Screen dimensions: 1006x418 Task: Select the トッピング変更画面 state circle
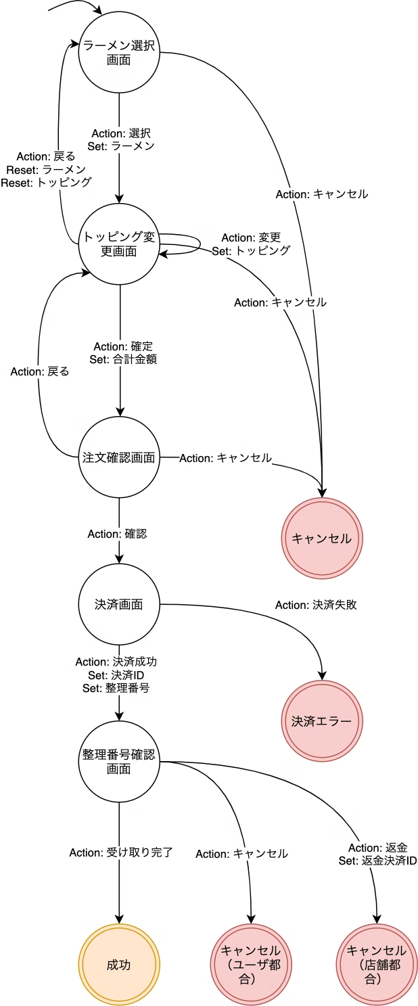tap(119, 244)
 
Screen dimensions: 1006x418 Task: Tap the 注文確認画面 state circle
tap(119, 457)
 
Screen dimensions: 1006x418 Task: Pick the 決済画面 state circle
tap(119, 604)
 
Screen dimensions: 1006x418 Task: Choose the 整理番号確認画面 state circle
tap(119, 761)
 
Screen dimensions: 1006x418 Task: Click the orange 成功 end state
tap(119, 965)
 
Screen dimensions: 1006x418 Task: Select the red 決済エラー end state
tap(322, 721)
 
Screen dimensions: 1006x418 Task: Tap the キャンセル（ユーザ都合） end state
tap(251, 965)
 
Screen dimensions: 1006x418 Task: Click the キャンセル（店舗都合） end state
tap(377, 965)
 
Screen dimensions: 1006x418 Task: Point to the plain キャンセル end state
tap(322, 539)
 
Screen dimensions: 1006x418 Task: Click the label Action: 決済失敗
tap(316, 605)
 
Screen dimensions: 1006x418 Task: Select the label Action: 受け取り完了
tap(121, 852)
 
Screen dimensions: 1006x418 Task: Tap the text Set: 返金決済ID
tap(377, 861)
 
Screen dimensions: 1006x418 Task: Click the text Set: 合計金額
tap(123, 359)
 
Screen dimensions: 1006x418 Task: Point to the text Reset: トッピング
tap(47, 182)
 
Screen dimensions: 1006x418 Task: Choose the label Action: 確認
tap(117, 534)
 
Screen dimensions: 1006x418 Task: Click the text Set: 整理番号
tap(116, 688)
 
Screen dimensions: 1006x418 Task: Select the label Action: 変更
tap(251, 237)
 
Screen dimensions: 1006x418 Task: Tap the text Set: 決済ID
tap(116, 675)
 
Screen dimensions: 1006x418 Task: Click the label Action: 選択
tap(121, 133)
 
